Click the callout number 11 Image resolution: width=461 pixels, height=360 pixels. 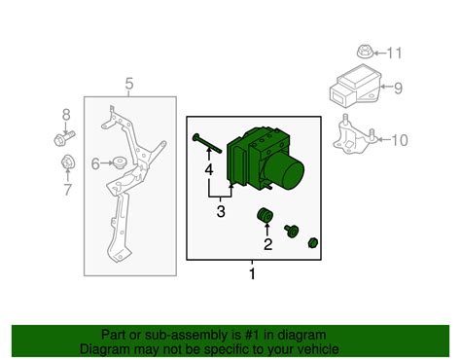click(x=395, y=53)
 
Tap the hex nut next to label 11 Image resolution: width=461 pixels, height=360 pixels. click(x=365, y=52)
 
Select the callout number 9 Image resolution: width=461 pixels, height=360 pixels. click(x=398, y=88)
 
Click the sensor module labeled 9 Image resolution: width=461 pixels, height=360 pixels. click(x=355, y=86)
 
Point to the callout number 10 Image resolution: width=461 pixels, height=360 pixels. click(x=400, y=140)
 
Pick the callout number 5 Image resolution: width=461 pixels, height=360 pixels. click(x=129, y=84)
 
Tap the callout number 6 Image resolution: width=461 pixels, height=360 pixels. click(x=95, y=164)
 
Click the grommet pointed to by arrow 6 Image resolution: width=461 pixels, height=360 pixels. click(x=120, y=162)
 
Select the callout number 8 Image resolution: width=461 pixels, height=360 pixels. click(x=66, y=114)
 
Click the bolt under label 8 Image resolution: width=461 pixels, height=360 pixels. click(x=64, y=138)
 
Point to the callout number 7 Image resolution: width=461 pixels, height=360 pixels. click(x=67, y=190)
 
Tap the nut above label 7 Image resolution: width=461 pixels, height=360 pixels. click(x=67, y=162)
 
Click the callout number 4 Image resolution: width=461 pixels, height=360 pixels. click(x=209, y=169)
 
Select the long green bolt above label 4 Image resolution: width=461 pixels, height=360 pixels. click(x=207, y=143)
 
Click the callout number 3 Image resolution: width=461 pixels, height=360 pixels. click(x=221, y=211)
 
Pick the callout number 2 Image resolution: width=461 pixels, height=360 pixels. click(x=267, y=244)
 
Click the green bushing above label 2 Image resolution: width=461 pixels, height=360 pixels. click(x=265, y=216)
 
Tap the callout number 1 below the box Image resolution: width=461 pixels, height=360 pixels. click(x=252, y=274)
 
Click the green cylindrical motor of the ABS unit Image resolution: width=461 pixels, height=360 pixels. click(x=284, y=171)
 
